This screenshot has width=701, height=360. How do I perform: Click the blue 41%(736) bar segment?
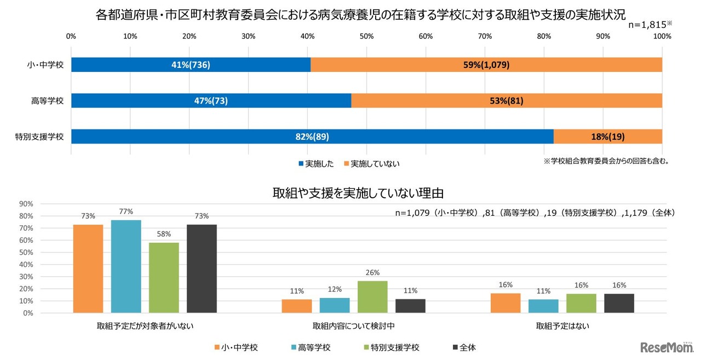click(x=191, y=65)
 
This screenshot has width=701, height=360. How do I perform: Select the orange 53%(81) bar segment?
click(x=507, y=101)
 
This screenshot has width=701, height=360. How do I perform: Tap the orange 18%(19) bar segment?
click(x=608, y=137)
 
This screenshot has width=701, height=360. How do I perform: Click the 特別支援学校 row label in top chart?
click(x=39, y=137)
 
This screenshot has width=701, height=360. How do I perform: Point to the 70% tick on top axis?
click(x=485, y=36)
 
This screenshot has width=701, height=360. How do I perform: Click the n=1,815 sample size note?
click(x=649, y=25)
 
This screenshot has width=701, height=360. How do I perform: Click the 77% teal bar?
click(x=126, y=266)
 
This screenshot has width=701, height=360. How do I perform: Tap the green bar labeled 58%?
click(x=164, y=278)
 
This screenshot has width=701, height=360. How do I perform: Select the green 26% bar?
click(x=372, y=297)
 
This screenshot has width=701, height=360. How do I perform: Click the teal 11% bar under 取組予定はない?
click(x=543, y=306)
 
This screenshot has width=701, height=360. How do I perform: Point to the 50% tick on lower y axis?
click(x=26, y=252)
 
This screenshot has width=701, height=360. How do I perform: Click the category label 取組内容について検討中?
click(x=353, y=326)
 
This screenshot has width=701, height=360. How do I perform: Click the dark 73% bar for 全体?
click(x=202, y=268)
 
